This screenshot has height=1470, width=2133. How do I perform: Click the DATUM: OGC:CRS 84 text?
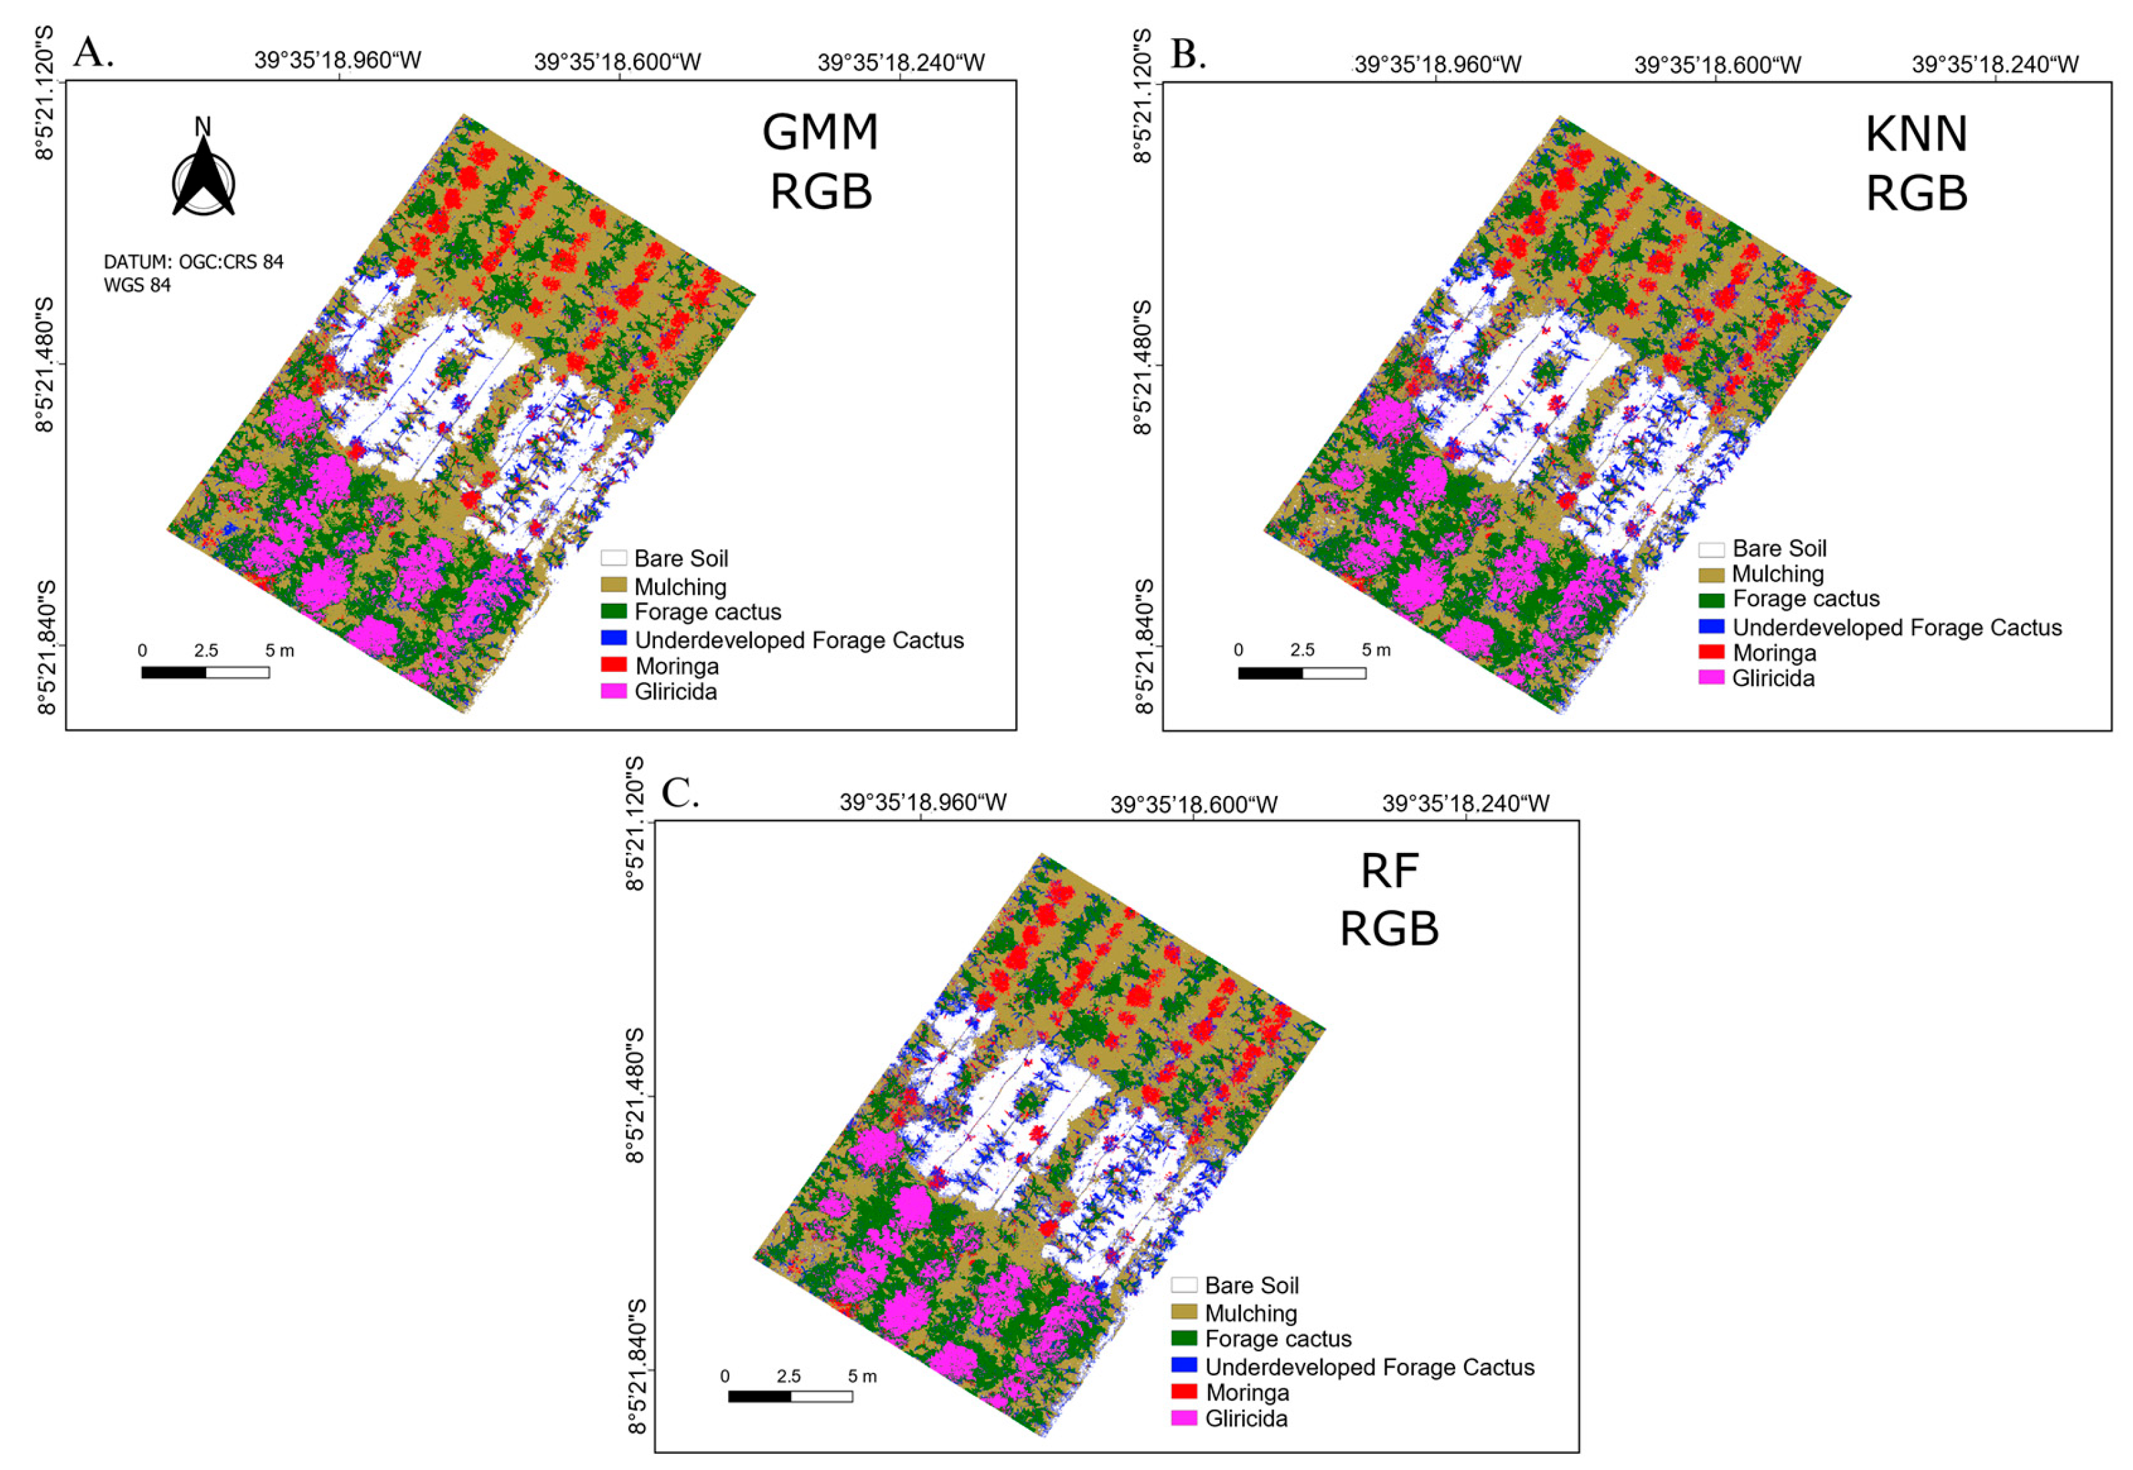coord(194,261)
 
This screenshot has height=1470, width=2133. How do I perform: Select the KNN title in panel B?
coord(1916,135)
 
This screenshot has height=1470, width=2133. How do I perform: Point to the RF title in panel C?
coord(1389,870)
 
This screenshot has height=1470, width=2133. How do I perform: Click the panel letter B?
coord(1187,54)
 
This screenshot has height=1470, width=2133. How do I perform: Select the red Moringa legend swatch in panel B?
coord(1710,652)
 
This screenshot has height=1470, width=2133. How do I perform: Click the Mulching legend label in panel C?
coord(1250,1313)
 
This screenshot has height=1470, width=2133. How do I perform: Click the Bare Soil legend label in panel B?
coord(1779,548)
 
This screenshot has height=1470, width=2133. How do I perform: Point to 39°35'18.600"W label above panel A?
coord(617,62)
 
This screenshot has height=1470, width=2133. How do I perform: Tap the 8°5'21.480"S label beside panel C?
coord(635,1096)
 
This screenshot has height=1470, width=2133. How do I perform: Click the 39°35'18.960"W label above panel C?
coord(922,802)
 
